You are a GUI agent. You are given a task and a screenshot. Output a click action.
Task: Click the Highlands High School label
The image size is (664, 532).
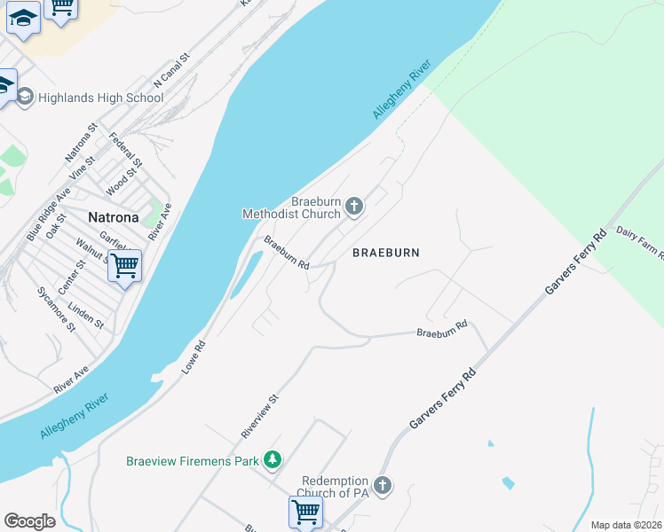100,98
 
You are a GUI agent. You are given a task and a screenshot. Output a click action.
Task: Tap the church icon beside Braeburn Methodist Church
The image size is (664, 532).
353,207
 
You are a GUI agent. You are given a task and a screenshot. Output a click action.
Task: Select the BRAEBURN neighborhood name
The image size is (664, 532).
385,253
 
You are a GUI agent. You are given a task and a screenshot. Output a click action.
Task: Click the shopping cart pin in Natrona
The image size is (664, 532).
124,264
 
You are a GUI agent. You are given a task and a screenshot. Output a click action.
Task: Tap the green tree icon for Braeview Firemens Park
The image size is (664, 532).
273,460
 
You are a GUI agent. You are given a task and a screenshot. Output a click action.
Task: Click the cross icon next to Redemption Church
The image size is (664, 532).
383,485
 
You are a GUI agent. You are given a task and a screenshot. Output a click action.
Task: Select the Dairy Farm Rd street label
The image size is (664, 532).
640,242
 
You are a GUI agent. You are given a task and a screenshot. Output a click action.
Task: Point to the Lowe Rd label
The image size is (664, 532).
194,357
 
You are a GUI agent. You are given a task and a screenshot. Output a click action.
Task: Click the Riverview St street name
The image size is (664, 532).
260,416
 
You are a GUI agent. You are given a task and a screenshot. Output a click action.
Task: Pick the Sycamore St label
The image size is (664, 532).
56,309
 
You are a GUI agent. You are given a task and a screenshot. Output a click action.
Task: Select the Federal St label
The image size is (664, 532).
125,150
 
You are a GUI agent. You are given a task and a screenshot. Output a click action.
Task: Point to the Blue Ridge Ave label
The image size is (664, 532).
48,215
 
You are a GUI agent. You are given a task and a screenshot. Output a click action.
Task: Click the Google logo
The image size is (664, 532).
29,520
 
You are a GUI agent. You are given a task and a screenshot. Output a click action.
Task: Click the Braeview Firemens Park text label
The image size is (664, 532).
192,460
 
